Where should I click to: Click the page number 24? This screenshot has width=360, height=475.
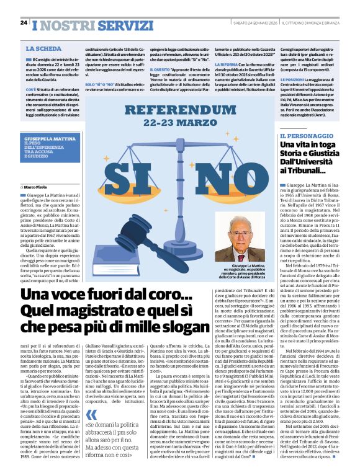coord(24,22)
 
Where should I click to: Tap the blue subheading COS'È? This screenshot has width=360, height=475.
coord(31,89)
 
